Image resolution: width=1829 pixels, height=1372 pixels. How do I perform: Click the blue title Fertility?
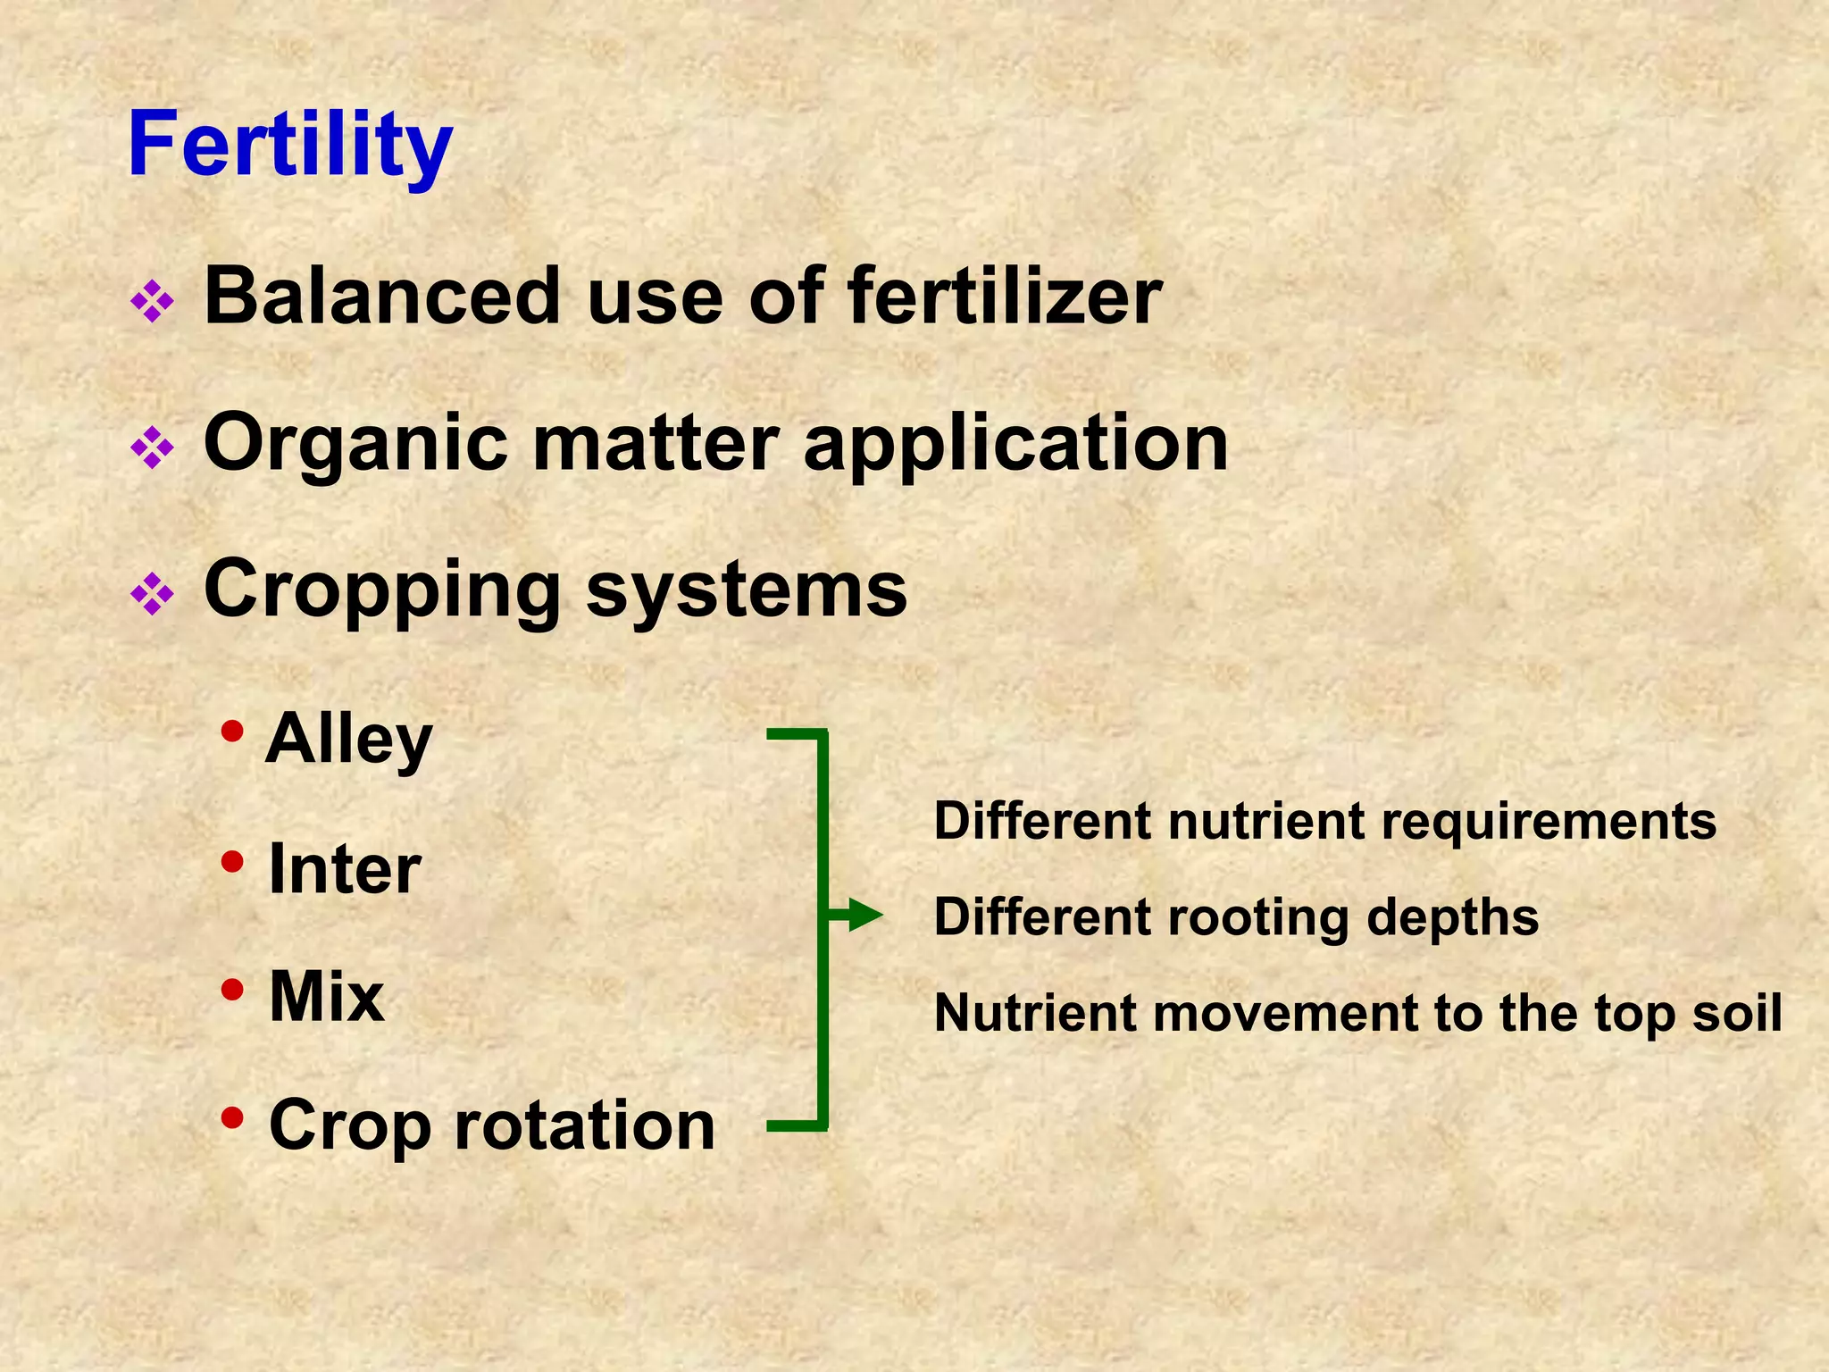point(290,146)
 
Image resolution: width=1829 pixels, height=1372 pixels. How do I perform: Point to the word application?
point(1015,444)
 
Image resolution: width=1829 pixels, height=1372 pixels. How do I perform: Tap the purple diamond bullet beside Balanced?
point(152,302)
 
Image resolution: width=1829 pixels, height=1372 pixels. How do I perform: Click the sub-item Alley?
point(348,740)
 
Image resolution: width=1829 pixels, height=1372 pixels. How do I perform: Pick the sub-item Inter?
point(345,869)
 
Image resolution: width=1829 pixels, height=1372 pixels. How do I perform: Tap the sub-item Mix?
point(326,997)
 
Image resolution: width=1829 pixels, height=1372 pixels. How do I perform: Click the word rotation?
point(585,1125)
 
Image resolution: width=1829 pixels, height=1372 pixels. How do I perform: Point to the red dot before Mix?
point(232,989)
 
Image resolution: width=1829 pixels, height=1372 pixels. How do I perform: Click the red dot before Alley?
point(232,732)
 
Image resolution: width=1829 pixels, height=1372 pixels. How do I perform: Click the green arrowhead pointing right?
point(864,915)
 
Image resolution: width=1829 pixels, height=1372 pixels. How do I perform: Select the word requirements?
point(1549,821)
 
